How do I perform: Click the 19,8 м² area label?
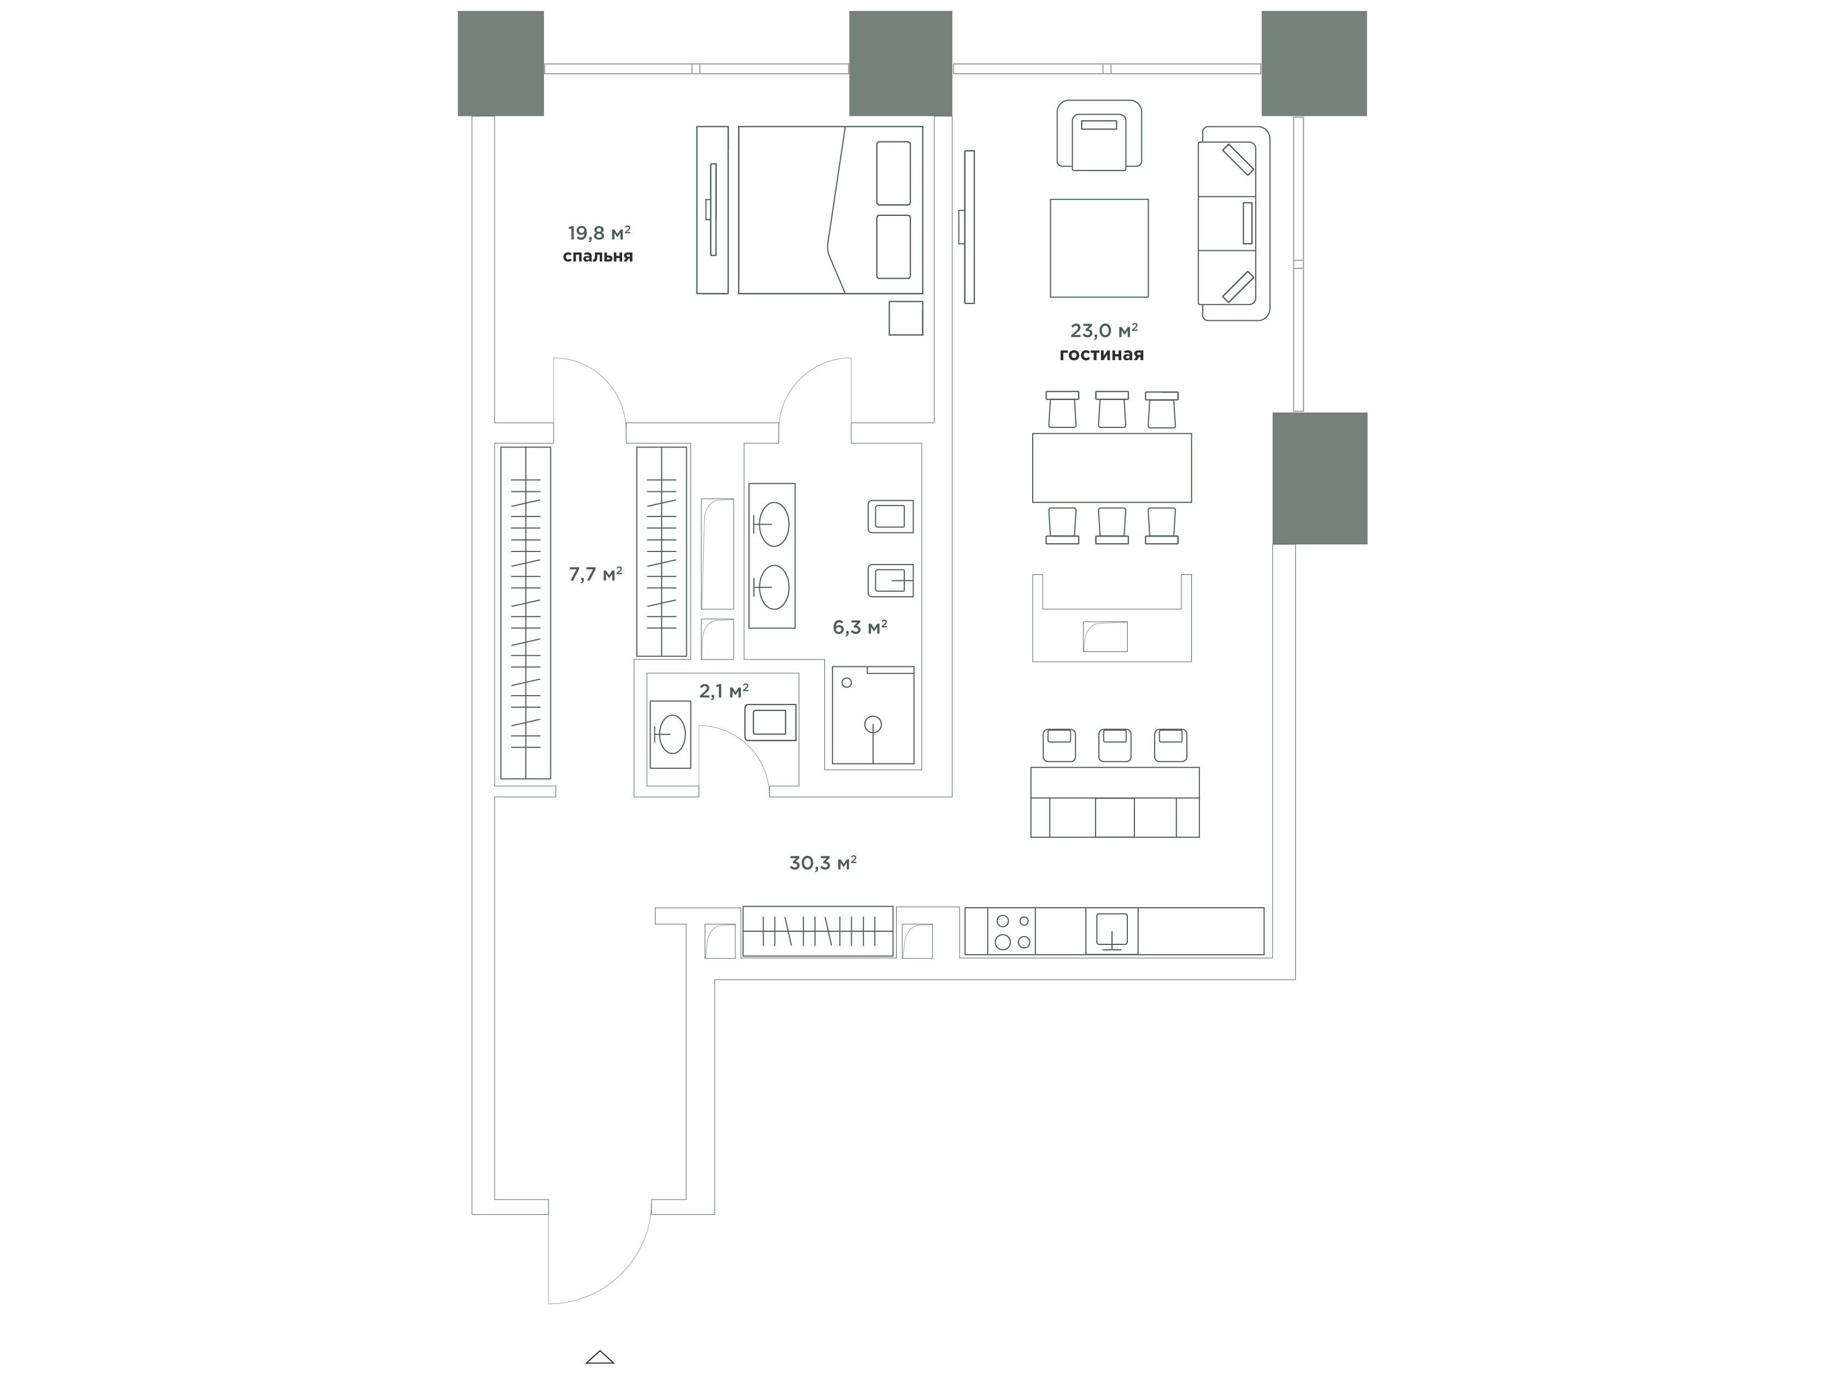599,233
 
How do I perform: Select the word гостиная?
1101,355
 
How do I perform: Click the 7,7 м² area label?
595,574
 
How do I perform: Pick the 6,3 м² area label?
859,627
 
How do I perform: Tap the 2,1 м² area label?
724,691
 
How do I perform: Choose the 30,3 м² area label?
822,863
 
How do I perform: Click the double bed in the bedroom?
830,210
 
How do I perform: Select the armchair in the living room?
1099,136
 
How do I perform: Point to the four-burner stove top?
1012,931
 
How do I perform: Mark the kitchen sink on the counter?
1111,931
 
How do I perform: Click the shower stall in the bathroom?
873,715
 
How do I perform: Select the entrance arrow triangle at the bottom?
600,1357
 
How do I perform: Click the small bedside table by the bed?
905,318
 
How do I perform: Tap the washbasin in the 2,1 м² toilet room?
670,734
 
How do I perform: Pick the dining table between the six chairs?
1112,467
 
